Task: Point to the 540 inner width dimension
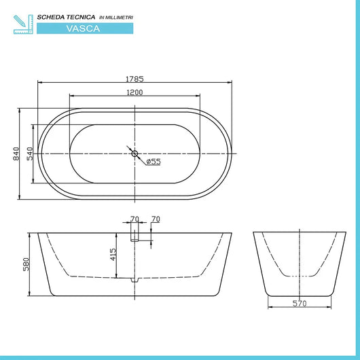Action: pyautogui.click(x=30, y=154)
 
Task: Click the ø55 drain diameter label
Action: pyautogui.click(x=153, y=161)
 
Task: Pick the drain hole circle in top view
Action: pyautogui.click(x=134, y=154)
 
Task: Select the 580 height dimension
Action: pyautogui.click(x=25, y=264)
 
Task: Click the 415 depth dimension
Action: pyautogui.click(x=113, y=254)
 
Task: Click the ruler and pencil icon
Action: pyautogui.click(x=23, y=22)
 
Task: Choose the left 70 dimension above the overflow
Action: pyautogui.click(x=134, y=219)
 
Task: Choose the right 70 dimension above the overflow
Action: pyautogui.click(x=156, y=219)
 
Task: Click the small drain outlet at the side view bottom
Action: pyautogui.click(x=134, y=278)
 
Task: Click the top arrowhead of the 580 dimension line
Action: pyautogui.click(x=30, y=235)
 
